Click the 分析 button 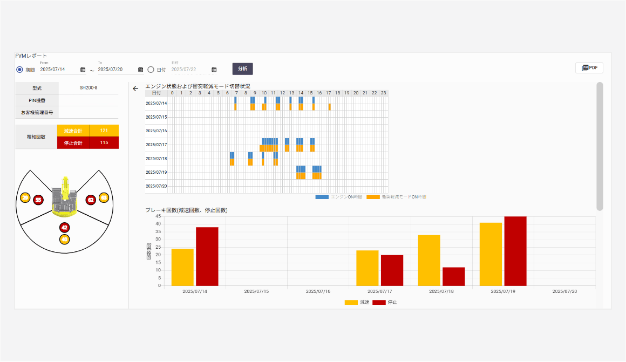242,69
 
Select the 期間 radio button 20,69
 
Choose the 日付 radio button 151,69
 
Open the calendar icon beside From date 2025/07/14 83,70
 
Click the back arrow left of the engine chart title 135,88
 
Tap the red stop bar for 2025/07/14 207,256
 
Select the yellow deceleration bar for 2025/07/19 491,254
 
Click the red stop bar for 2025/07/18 453,276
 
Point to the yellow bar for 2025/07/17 368,268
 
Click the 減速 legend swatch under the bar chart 351,302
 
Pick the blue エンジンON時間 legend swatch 322,197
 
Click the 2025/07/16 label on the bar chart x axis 318,291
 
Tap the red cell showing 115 104,142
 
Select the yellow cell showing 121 104,131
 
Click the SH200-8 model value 89,87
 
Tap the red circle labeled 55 38,200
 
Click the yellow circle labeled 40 65,239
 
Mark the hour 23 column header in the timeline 383,93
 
